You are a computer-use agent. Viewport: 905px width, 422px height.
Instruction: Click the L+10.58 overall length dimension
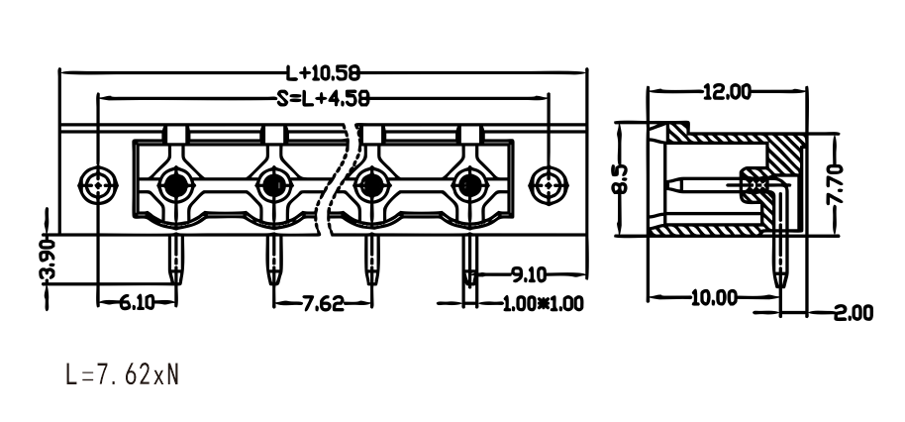[323, 72]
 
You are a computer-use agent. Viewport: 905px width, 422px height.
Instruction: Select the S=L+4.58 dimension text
[323, 99]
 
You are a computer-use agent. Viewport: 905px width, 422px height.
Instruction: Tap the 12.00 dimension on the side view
[727, 91]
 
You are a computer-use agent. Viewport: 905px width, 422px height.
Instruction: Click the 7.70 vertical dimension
[835, 184]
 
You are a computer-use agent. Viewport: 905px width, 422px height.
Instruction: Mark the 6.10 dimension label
[138, 302]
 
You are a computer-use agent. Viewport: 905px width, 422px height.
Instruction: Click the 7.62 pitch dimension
[323, 303]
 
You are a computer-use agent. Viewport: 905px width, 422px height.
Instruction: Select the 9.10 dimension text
[529, 274]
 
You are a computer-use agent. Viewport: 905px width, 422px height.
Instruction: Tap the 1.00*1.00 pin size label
[544, 304]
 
